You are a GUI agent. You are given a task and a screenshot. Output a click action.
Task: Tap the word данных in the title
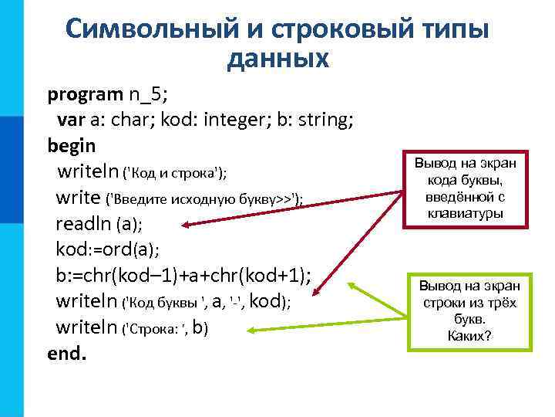pyautogui.click(x=277, y=59)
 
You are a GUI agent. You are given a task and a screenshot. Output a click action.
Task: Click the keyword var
pyautogui.click(x=69, y=120)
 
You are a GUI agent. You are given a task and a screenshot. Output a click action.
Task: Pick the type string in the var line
pyautogui.click(x=324, y=120)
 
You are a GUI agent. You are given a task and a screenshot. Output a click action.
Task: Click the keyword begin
pyautogui.click(x=72, y=145)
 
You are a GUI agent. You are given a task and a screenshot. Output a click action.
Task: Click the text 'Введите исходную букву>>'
pyautogui.click(x=203, y=198)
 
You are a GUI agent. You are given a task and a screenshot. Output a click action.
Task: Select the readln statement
pyautogui.click(x=99, y=225)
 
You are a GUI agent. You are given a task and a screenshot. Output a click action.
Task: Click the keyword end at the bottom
pyautogui.click(x=67, y=354)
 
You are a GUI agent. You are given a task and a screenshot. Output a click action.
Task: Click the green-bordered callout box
pyautogui.click(x=469, y=309)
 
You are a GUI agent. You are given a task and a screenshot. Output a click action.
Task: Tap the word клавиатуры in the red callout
pyautogui.click(x=468, y=214)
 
